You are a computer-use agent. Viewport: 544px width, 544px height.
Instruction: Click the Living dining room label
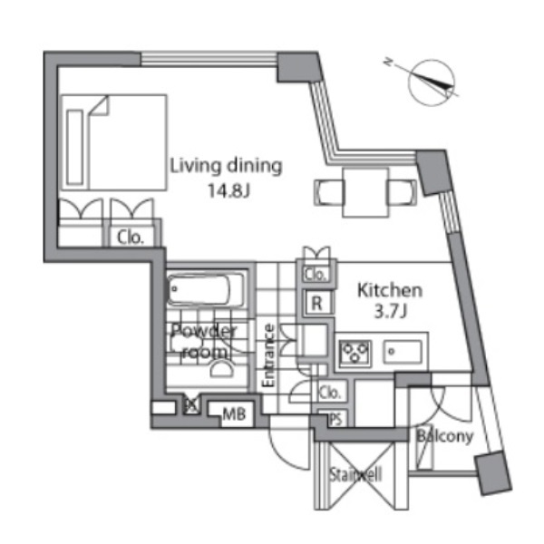click(226, 167)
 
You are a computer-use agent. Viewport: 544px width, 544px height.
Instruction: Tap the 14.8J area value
click(228, 190)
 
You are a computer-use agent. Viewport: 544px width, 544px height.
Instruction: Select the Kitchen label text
click(390, 291)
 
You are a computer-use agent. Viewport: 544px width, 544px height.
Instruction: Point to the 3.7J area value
click(390, 311)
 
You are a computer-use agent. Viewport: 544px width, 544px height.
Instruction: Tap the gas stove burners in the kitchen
click(355, 352)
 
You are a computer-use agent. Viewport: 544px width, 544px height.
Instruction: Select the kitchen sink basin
click(403, 352)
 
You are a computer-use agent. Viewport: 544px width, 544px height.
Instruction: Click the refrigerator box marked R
click(316, 303)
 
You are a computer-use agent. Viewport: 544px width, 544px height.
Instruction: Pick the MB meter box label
click(234, 414)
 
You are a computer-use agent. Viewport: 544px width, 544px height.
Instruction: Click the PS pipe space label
click(335, 419)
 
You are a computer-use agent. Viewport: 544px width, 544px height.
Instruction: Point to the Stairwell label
click(355, 474)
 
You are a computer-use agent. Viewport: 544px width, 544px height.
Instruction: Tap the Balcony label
click(445, 436)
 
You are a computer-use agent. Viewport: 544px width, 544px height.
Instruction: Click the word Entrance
click(268, 355)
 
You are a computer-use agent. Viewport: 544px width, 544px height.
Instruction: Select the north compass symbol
click(430, 83)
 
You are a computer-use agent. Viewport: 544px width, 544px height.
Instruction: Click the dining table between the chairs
click(365, 192)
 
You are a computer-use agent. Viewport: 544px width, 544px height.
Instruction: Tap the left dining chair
click(329, 192)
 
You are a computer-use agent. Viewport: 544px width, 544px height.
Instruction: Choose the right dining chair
click(403, 192)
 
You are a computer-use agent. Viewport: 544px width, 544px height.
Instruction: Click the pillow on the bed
click(75, 147)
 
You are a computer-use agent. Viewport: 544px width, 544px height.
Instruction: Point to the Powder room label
click(205, 342)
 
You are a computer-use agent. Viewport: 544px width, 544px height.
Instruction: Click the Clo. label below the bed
click(130, 238)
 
